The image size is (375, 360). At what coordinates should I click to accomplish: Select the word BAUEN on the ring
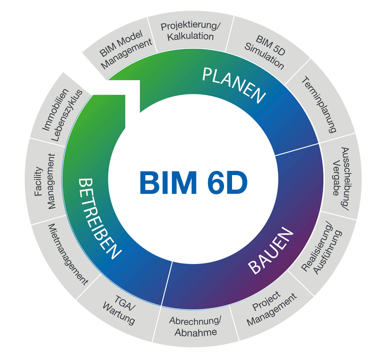270,250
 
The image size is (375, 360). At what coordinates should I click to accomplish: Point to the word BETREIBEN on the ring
100,217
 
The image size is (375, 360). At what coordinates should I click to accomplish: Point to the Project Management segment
272,309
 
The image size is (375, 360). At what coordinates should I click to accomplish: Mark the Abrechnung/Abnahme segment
195,327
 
